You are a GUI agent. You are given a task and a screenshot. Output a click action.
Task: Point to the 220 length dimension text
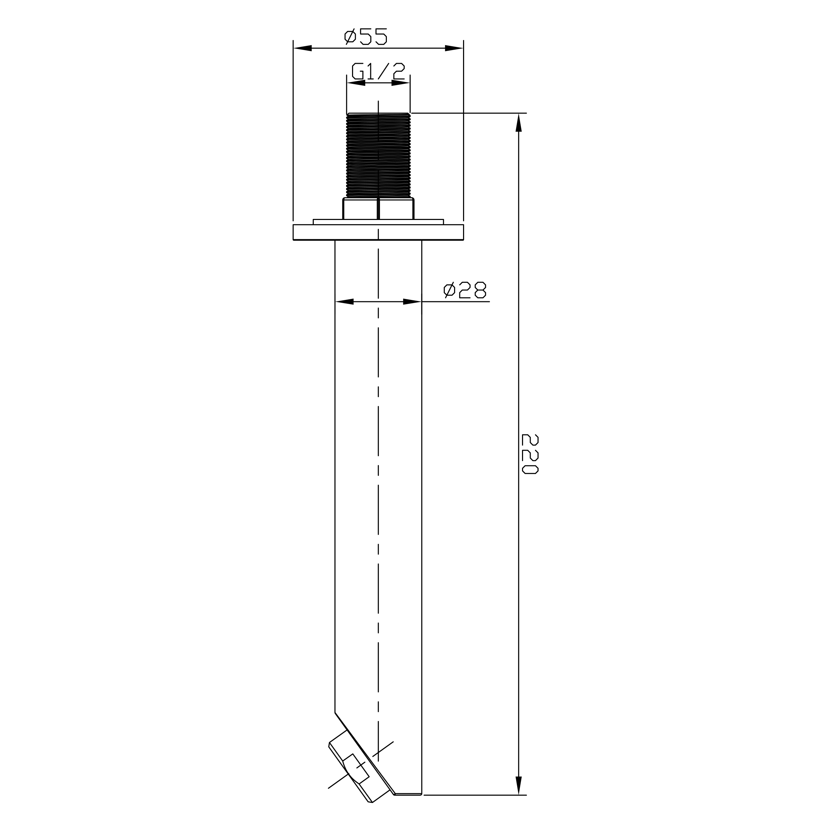point(530,454)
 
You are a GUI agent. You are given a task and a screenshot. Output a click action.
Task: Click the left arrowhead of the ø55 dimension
point(303,48)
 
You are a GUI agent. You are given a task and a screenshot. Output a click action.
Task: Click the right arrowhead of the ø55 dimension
point(454,48)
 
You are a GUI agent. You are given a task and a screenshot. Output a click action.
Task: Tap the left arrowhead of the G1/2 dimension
point(356,83)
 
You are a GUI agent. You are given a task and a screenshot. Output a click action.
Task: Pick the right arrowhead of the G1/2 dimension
point(401,83)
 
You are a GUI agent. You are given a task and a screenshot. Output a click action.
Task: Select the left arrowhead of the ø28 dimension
point(344,301)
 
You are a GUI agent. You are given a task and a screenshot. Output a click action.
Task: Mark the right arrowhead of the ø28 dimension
point(412,301)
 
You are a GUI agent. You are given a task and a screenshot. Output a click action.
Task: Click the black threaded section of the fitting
point(378,155)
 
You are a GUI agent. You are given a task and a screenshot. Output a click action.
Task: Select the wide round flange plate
point(378,232)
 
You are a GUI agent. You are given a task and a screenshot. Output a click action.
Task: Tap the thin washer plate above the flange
point(378,222)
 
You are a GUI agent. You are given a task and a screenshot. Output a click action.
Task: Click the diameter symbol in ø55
point(350,37)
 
